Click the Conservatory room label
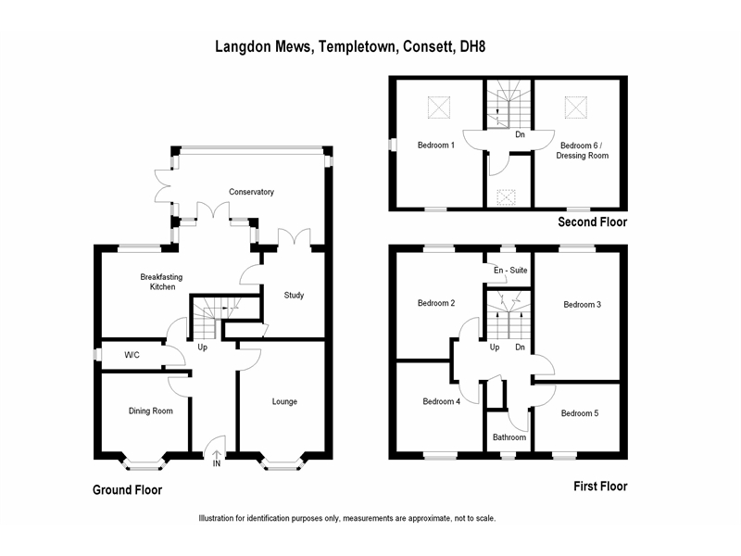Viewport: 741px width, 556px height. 251,192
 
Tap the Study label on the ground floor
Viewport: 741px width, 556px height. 294,296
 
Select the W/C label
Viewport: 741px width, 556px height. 132,355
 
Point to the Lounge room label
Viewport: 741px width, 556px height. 284,402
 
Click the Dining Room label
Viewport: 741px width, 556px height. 151,411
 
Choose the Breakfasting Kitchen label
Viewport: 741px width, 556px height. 161,282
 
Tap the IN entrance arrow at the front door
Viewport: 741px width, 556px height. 217,455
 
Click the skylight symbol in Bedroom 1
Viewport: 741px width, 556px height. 439,107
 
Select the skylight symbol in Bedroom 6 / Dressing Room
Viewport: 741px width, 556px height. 576,107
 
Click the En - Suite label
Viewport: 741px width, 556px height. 510,271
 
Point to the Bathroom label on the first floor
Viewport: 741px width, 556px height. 509,437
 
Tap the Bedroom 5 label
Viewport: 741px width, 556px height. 580,413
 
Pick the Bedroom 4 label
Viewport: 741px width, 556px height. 442,401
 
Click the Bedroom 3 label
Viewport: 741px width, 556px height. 583,305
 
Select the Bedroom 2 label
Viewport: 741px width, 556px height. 436,303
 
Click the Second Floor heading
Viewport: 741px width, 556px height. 593,222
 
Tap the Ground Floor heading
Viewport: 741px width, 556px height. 127,490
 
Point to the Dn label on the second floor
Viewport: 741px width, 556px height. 520,134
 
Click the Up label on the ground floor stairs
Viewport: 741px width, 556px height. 202,347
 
